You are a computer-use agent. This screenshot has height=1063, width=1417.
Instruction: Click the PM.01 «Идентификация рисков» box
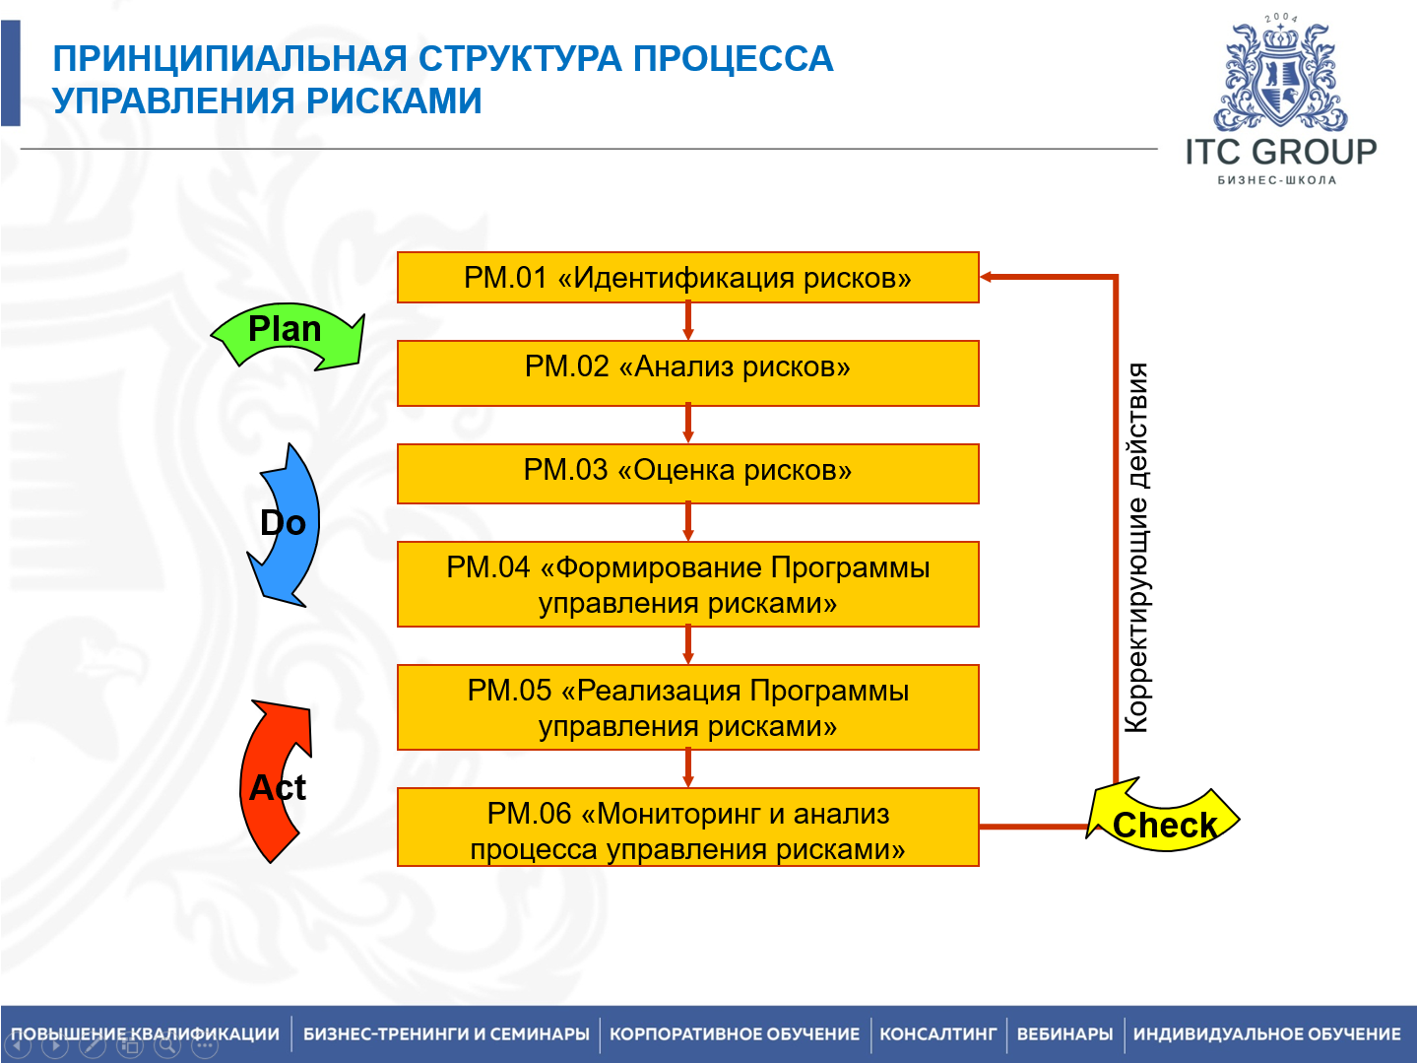(x=687, y=278)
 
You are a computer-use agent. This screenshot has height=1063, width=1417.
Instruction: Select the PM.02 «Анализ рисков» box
(x=687, y=372)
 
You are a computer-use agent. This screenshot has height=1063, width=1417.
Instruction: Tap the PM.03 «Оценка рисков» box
(x=687, y=473)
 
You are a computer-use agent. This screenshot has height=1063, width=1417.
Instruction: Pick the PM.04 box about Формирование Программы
(x=687, y=584)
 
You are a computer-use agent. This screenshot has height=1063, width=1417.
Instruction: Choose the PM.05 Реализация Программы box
(x=687, y=707)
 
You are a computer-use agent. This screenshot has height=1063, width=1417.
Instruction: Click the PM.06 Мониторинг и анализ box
(x=687, y=828)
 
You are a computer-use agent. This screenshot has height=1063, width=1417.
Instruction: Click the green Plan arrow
(x=288, y=335)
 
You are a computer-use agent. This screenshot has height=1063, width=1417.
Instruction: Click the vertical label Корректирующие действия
(x=1136, y=548)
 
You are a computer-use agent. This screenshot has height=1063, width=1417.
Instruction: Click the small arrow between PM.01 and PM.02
(x=687, y=321)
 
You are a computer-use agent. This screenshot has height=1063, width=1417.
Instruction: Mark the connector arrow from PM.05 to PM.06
(x=687, y=768)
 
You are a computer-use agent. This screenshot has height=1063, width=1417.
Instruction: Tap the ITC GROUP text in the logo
(x=1280, y=152)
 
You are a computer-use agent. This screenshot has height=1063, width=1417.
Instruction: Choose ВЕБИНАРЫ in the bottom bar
(x=1064, y=1034)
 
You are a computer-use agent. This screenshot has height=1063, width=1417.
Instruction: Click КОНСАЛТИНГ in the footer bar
(x=937, y=1034)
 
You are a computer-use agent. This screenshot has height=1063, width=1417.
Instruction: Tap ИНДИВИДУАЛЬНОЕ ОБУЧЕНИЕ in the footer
(x=1266, y=1034)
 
